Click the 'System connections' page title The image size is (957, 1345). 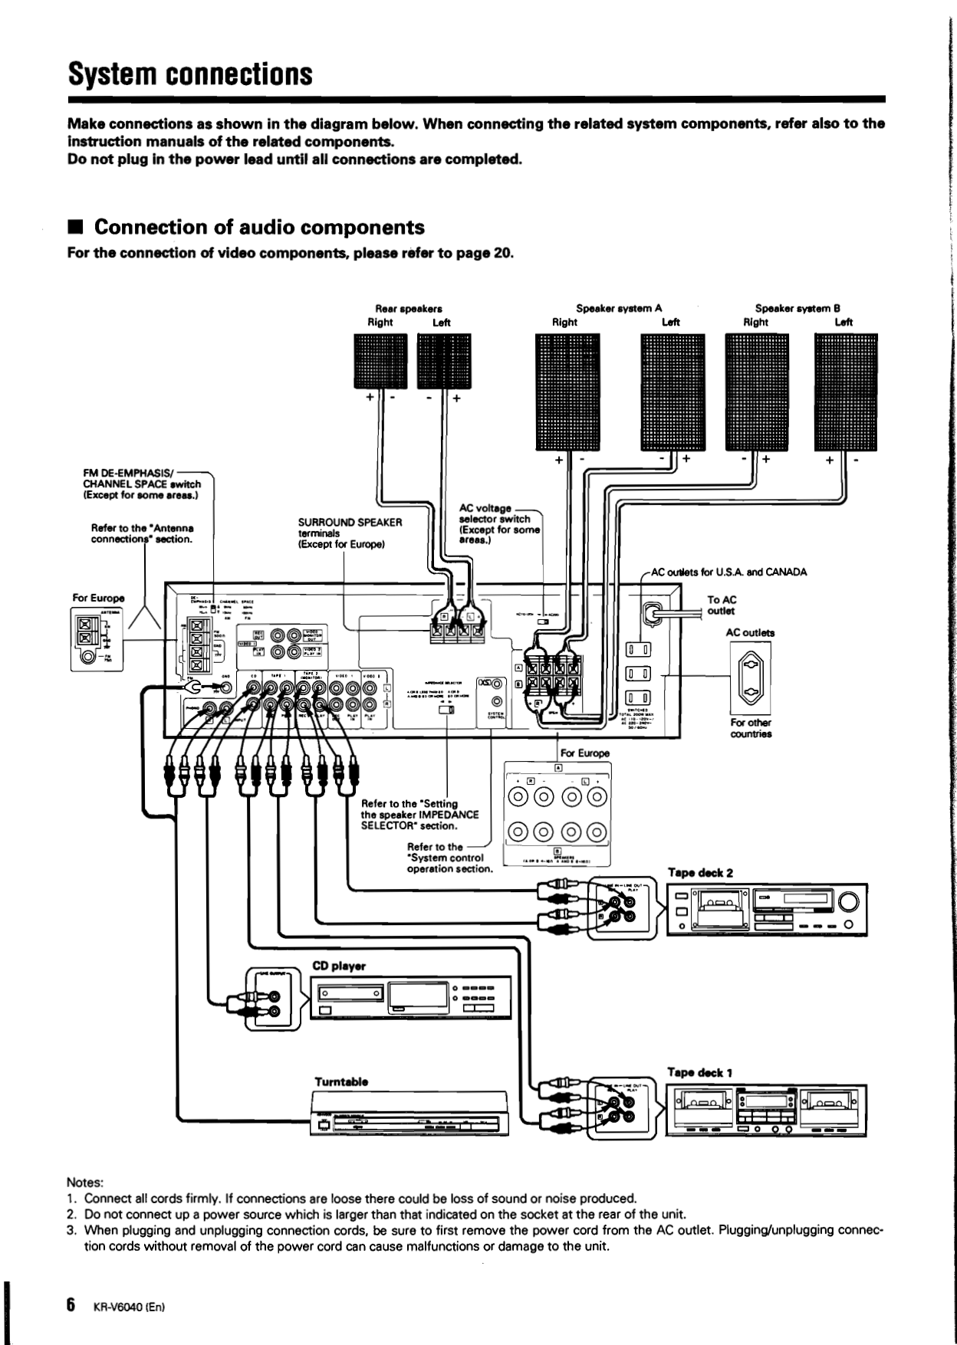coord(190,74)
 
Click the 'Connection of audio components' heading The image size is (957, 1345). coord(258,228)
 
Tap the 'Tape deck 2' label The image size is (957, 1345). coord(699,873)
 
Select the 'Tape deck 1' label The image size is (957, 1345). coord(699,1073)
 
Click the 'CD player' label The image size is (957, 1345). coord(338,966)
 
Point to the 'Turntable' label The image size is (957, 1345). coord(341,1081)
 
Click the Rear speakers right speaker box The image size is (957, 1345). coord(381,360)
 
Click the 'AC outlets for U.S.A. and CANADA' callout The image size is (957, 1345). coord(728,572)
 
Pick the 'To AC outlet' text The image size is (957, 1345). coord(721,605)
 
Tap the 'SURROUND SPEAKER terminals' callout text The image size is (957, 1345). coord(350,533)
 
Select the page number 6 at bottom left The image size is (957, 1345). coord(70,1305)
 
